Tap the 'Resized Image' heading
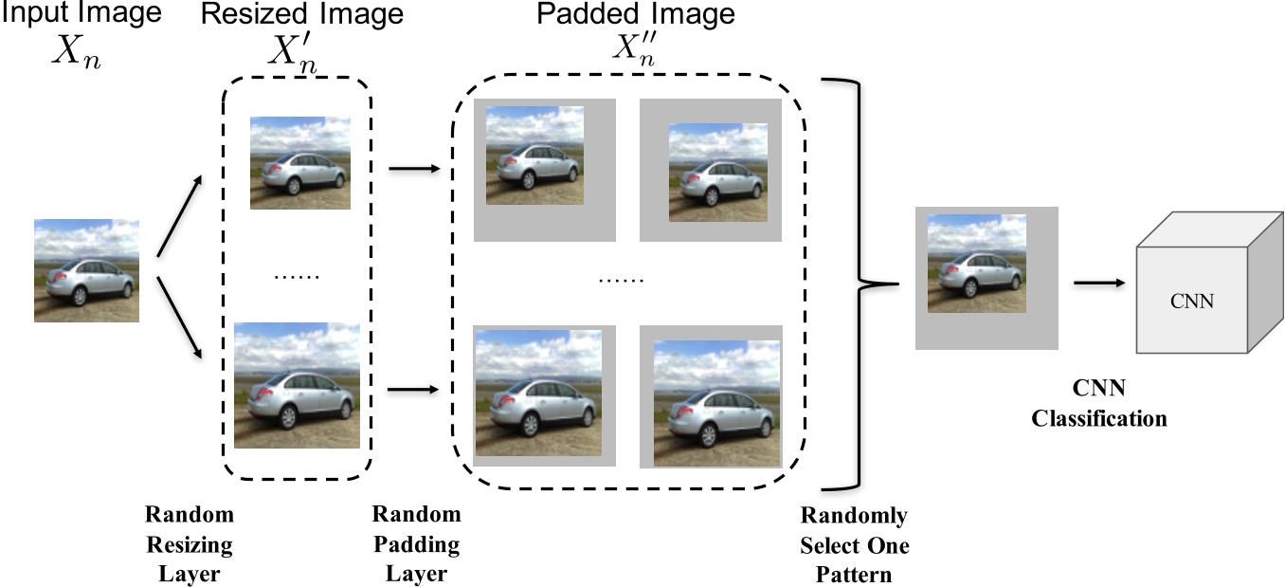302,16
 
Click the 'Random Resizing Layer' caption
189,544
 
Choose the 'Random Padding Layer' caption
416,544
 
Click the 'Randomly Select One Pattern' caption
854,545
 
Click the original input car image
86,270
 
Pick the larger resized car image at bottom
297,386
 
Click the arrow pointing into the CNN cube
1099,283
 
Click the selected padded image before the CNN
986,279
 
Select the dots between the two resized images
297,276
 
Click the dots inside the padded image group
622,281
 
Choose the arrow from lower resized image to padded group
415,388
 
